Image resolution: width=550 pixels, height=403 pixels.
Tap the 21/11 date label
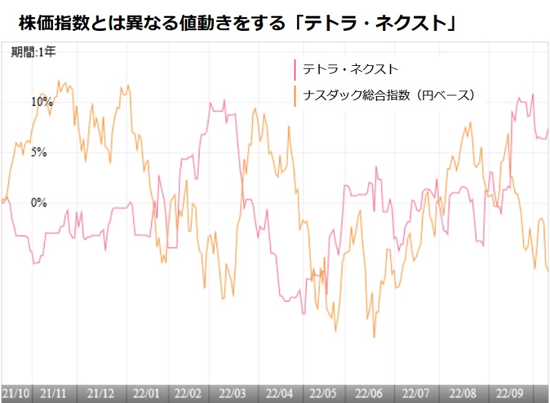(53, 393)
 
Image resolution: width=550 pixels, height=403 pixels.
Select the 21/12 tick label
(100, 393)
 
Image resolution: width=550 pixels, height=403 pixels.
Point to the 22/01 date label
(147, 393)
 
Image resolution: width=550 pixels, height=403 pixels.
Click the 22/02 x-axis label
(187, 393)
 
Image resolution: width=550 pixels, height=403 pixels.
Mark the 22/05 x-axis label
(324, 393)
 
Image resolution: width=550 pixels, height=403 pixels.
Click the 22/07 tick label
(416, 393)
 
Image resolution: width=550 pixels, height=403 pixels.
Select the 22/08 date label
(462, 393)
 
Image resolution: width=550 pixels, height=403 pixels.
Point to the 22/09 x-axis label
(509, 393)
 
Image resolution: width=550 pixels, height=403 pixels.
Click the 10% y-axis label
(41, 102)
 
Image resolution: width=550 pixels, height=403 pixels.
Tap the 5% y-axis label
(38, 152)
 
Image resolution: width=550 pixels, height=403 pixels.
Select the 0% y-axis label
(38, 203)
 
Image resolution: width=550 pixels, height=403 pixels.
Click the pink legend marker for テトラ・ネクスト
(295, 70)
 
